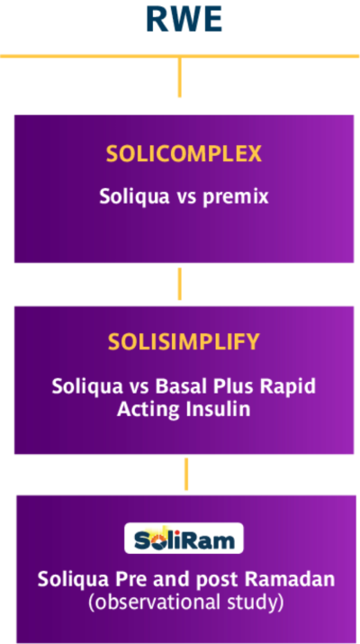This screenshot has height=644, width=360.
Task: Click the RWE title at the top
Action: click(x=184, y=20)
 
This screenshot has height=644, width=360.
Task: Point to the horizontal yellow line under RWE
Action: click(x=180, y=56)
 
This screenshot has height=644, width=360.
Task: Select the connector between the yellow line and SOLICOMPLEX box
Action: click(x=179, y=77)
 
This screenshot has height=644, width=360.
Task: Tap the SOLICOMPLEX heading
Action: click(x=184, y=154)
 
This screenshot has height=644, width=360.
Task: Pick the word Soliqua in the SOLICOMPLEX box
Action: click(x=134, y=196)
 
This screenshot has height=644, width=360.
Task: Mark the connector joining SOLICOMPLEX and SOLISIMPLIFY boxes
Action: click(x=179, y=284)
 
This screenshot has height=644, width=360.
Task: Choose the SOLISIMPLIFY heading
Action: click(x=184, y=341)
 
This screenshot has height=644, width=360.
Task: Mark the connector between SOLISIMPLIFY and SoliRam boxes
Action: click(x=186, y=474)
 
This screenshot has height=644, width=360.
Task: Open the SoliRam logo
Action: click(x=184, y=538)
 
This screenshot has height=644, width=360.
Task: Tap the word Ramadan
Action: click(x=290, y=579)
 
